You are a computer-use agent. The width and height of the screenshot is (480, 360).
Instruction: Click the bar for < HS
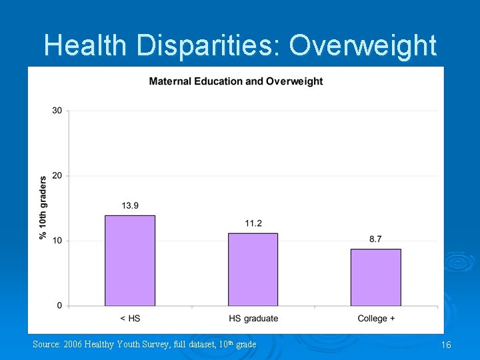coord(130,261)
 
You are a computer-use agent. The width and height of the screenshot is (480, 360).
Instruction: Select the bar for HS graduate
coord(253,269)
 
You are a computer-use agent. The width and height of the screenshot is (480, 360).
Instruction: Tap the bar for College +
coord(375,277)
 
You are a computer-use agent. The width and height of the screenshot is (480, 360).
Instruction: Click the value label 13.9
coord(130,206)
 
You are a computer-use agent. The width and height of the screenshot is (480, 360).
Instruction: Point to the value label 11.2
coord(253,223)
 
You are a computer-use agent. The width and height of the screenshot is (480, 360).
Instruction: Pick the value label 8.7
coord(375,239)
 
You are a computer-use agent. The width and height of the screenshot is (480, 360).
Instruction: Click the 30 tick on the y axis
coord(57,111)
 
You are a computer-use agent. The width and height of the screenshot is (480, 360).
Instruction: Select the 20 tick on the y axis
coord(57,176)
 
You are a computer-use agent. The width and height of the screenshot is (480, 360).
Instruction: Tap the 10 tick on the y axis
coord(57,241)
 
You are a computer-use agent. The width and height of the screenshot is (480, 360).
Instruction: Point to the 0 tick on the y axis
coord(59,306)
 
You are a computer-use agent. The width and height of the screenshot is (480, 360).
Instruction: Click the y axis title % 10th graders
coord(43,207)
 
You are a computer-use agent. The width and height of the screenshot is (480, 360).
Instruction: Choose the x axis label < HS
coord(130,319)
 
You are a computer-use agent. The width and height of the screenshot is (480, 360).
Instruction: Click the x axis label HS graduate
coord(253,319)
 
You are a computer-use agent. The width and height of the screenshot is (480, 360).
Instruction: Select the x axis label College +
coord(376,319)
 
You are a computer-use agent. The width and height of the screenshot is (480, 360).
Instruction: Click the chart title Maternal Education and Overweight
coord(236,81)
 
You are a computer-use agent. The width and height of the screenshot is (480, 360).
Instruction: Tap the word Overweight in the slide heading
coord(363,46)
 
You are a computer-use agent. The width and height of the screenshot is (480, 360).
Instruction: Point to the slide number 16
coord(446,345)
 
